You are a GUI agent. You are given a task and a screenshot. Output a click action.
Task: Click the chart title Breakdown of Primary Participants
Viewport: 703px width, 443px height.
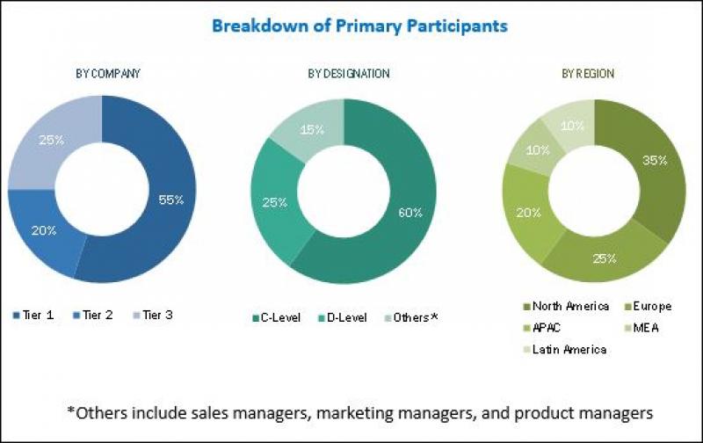coord(359,26)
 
